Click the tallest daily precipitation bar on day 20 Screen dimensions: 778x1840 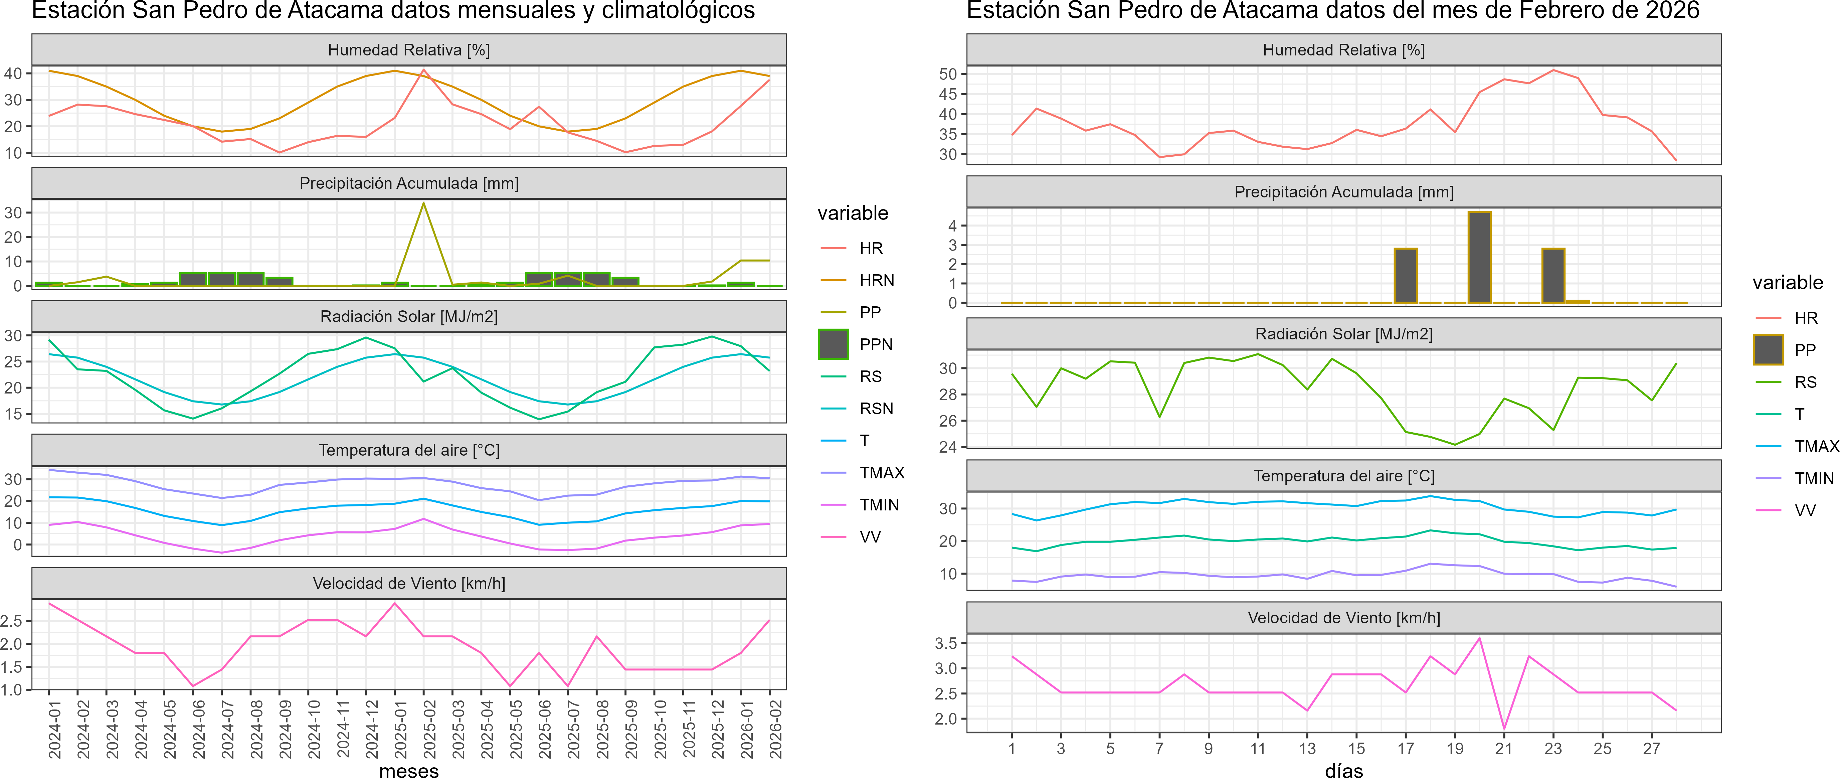(x=1479, y=257)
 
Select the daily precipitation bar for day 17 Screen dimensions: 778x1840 (x=1406, y=276)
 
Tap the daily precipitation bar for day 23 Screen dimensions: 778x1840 (x=1553, y=276)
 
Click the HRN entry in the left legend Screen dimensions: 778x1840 (x=877, y=280)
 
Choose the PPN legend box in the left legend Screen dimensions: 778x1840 (x=833, y=344)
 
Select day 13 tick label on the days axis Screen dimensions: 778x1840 (x=1307, y=749)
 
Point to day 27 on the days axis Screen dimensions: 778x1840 (x=1651, y=749)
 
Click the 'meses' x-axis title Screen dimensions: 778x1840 (x=408, y=770)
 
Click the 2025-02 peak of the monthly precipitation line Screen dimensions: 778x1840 (x=423, y=204)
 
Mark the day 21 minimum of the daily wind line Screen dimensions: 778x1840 (x=1504, y=729)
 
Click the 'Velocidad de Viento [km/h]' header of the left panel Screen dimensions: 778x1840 (x=408, y=584)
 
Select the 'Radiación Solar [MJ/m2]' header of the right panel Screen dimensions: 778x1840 (x=1343, y=334)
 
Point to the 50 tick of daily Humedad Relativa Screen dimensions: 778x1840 (x=948, y=74)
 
